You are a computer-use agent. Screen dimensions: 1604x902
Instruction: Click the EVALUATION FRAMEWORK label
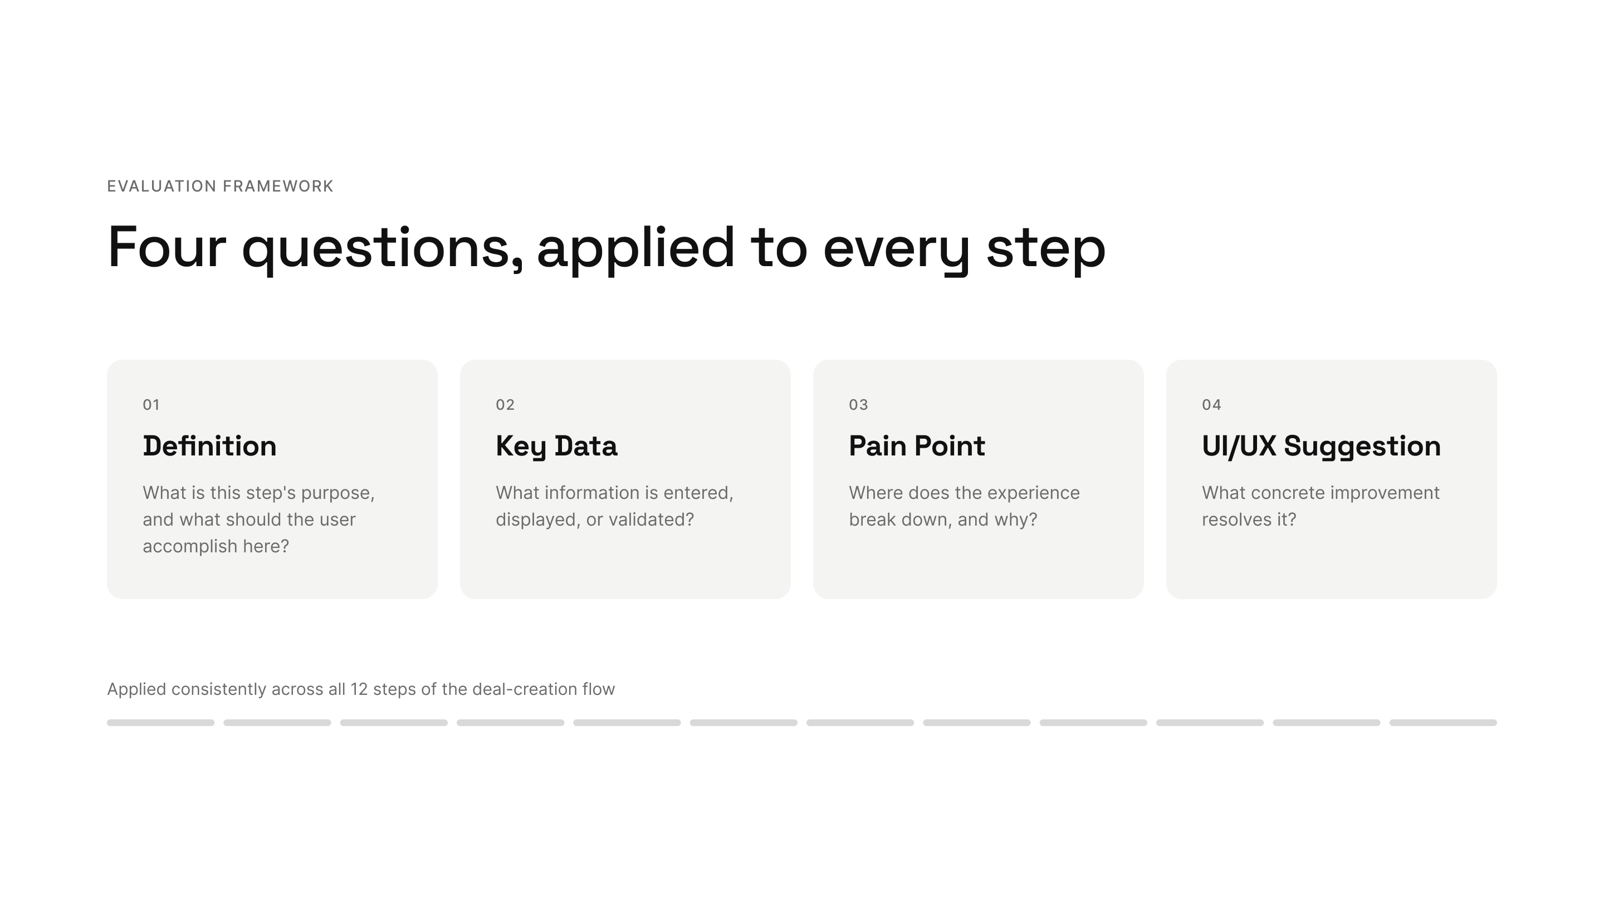coord(221,186)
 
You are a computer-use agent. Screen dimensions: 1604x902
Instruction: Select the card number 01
coord(151,405)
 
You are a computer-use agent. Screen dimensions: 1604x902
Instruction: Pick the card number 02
coord(505,405)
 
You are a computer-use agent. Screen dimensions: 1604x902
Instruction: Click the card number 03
coord(858,405)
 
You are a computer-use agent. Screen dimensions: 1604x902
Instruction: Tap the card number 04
coord(1212,405)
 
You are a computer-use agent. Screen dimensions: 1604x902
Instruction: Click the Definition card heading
coord(210,445)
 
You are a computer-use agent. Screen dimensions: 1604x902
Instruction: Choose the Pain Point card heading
coord(917,445)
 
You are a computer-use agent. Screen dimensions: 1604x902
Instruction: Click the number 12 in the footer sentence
coord(359,689)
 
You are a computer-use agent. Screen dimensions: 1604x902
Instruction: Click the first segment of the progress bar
coord(160,723)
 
